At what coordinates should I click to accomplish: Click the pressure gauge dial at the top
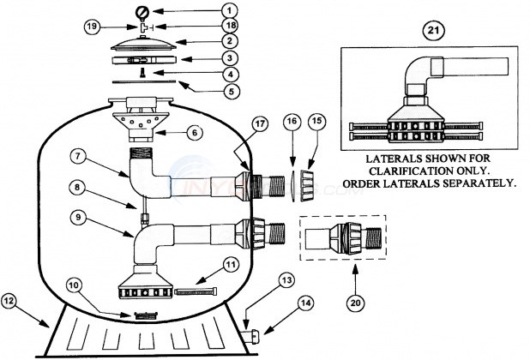pyautogui.click(x=142, y=12)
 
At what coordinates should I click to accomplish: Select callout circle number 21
pyautogui.click(x=434, y=30)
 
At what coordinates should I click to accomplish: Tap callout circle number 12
pyautogui.click(x=9, y=301)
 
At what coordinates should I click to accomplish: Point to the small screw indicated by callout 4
pyautogui.click(x=143, y=72)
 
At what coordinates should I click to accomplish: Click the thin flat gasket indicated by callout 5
pyautogui.click(x=144, y=81)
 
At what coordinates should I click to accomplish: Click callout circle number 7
pyautogui.click(x=78, y=158)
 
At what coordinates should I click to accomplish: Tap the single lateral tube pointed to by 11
pyautogui.click(x=196, y=291)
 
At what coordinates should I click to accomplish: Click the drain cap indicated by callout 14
pyautogui.click(x=254, y=336)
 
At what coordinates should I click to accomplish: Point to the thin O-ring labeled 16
pyautogui.click(x=293, y=186)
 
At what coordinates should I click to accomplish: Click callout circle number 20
pyautogui.click(x=356, y=303)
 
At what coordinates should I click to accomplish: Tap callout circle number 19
pyautogui.click(x=92, y=27)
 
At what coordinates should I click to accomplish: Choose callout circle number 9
pyautogui.click(x=78, y=217)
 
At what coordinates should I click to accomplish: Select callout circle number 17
pyautogui.click(x=260, y=124)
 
